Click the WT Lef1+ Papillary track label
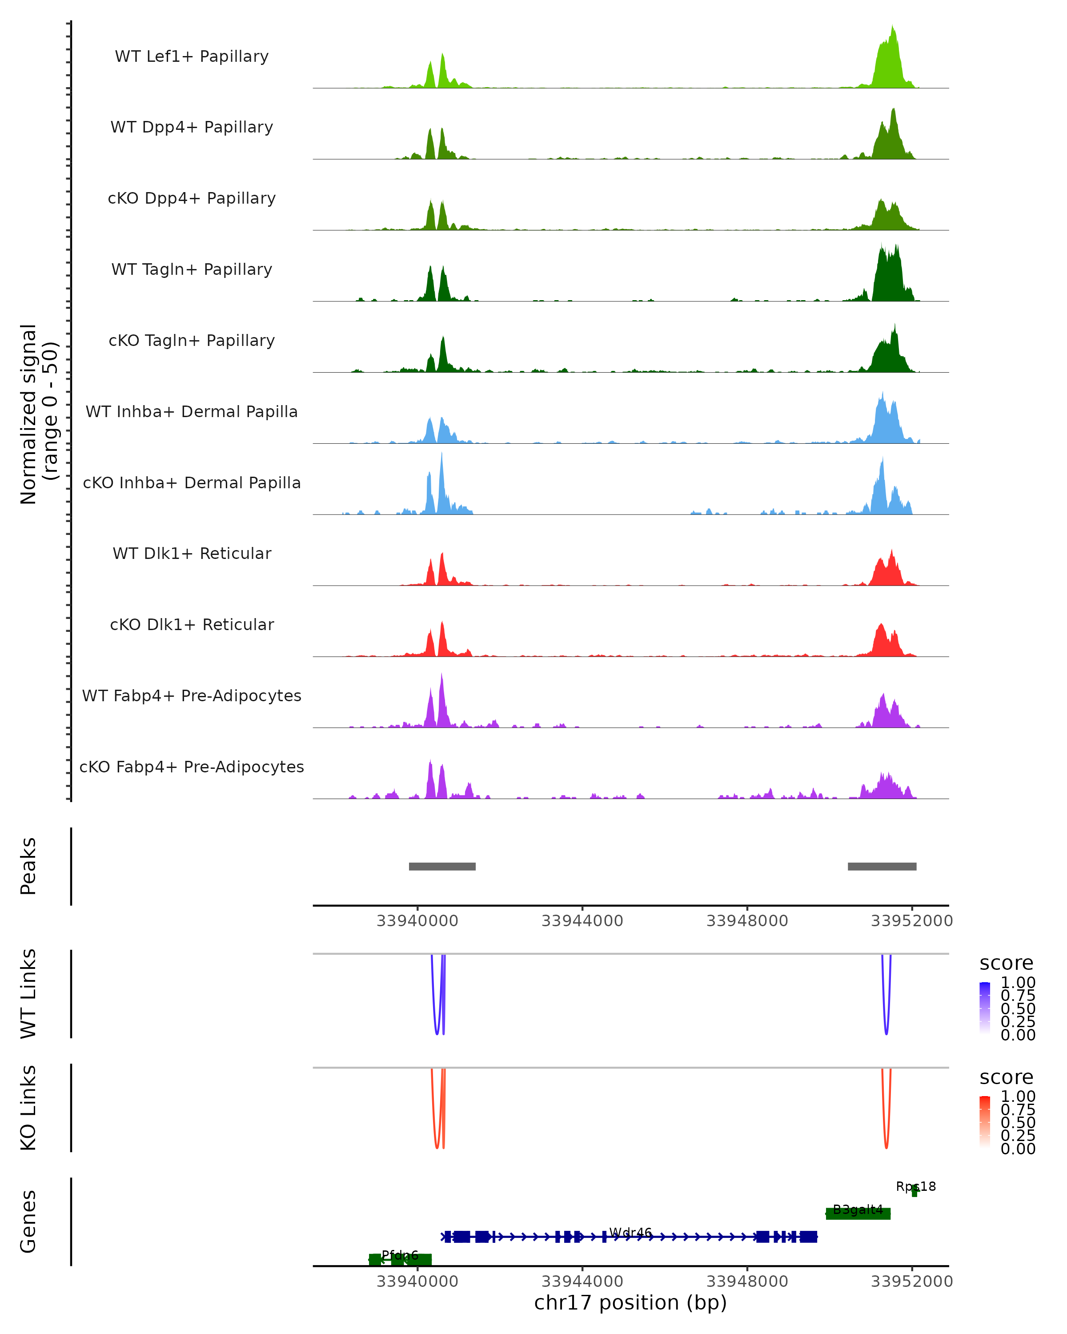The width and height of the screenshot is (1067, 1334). pos(192,57)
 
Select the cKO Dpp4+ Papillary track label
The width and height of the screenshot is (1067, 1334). pos(192,199)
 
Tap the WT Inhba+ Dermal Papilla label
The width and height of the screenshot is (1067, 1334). pos(192,412)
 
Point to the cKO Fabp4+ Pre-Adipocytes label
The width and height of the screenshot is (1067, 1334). pos(192,767)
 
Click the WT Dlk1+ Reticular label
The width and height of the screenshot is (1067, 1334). pos(192,554)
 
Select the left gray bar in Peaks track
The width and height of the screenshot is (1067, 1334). pos(442,866)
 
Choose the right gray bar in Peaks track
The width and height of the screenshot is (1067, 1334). pos(882,866)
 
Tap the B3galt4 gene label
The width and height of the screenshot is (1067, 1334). pos(858,1209)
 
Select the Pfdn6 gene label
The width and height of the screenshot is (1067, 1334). pos(400,1255)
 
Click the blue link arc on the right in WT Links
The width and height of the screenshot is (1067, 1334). pos(886,1027)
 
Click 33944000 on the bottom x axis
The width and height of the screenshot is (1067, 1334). pos(582,1282)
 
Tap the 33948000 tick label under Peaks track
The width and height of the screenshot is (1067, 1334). pos(747,921)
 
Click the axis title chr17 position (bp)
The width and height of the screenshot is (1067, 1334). pos(630,1303)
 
